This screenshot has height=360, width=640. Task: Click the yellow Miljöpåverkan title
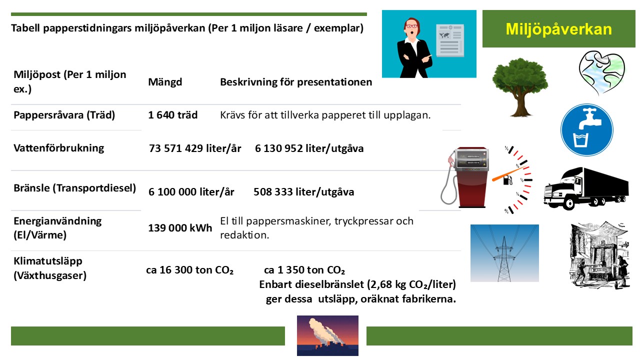click(x=558, y=29)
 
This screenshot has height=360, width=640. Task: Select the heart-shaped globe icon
click(x=602, y=73)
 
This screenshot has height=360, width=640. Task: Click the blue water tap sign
click(x=587, y=129)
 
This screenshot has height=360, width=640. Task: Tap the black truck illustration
click(x=585, y=188)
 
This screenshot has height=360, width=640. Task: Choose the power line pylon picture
click(x=504, y=253)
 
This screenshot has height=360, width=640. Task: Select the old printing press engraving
click(x=599, y=255)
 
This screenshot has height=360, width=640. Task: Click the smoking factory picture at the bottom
click(x=327, y=335)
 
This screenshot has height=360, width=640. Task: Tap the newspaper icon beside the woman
click(x=450, y=40)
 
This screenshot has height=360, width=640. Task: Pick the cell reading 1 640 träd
click(x=173, y=115)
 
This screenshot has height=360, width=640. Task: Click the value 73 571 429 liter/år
click(x=195, y=148)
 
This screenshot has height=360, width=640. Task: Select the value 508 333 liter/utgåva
click(x=303, y=191)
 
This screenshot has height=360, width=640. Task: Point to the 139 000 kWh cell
click(x=180, y=227)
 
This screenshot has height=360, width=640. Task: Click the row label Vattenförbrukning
click(x=59, y=148)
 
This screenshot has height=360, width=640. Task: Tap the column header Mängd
click(x=165, y=82)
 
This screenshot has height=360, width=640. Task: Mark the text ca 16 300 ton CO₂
click(x=189, y=270)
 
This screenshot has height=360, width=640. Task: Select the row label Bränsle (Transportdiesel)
click(x=75, y=188)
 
